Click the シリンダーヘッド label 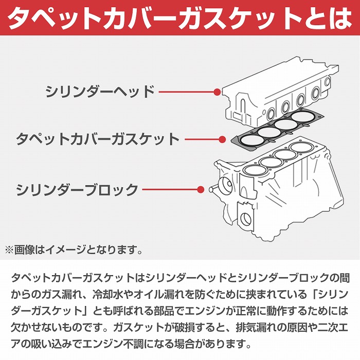point(100,93)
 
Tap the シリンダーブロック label point(77,189)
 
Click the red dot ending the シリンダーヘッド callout point(217,93)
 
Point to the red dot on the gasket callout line point(222,139)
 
